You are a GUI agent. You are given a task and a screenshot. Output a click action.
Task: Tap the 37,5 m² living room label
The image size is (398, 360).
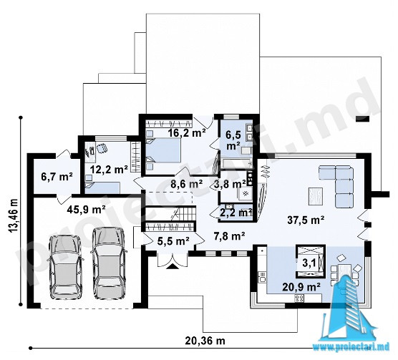306,220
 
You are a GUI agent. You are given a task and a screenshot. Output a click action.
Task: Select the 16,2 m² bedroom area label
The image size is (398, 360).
187,132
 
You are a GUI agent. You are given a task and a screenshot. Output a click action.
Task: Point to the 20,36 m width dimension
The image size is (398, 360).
205,341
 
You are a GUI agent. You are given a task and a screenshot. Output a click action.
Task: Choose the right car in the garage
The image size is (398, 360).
109,263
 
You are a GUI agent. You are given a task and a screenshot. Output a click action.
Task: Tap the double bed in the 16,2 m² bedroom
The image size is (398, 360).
164,150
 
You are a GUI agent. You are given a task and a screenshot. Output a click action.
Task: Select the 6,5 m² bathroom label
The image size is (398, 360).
233,140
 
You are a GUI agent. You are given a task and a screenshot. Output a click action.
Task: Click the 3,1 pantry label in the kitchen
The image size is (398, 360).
309,263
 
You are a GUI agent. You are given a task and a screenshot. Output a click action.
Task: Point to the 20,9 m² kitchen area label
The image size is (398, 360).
301,287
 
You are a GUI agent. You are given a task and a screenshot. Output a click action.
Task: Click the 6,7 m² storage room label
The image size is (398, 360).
57,177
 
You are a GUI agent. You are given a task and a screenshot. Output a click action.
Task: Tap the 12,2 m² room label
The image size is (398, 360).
109,169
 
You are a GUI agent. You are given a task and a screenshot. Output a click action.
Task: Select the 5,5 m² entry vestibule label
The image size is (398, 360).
173,240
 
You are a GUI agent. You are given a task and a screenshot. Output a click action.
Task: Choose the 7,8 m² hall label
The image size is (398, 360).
228,236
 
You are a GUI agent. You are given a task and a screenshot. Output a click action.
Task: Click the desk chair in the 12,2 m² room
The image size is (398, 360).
102,148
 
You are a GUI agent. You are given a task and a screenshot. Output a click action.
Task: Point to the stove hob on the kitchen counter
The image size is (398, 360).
299,298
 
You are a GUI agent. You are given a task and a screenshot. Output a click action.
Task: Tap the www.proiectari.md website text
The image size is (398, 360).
351,346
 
